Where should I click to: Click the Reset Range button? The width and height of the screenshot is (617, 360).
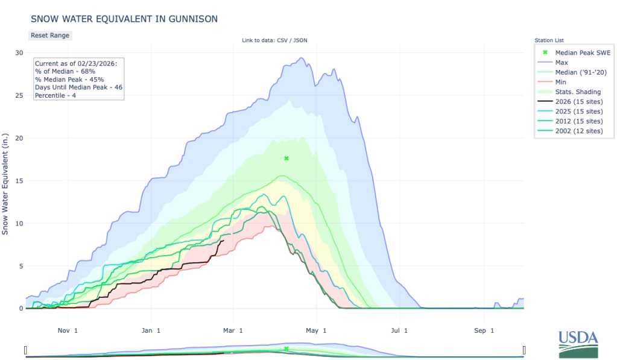(x=50, y=36)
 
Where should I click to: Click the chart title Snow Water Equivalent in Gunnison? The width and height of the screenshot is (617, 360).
(x=124, y=19)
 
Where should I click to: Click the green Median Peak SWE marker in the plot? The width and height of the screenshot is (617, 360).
(x=286, y=159)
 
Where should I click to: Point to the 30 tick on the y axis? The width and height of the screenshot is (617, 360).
(x=19, y=53)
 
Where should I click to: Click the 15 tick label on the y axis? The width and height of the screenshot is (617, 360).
(x=19, y=181)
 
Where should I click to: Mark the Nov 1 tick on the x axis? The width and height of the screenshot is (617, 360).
(x=68, y=330)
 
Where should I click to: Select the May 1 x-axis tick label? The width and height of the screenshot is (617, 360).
(x=315, y=330)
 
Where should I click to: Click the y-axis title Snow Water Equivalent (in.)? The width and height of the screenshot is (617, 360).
(x=5, y=181)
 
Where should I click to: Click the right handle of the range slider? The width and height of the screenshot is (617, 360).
(x=524, y=350)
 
